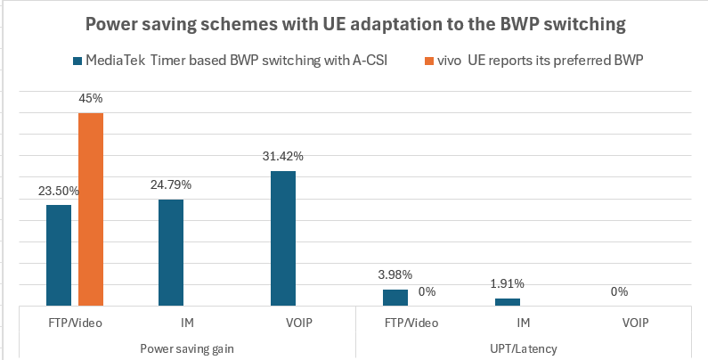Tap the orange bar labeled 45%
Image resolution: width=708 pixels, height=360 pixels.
[x=91, y=209]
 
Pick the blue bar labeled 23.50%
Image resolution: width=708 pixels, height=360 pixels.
[x=59, y=256]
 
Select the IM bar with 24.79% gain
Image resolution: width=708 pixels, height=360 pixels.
[x=171, y=253]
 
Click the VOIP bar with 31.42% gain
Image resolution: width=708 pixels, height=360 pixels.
[x=283, y=239]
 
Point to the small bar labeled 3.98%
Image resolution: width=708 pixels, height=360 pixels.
[x=395, y=298]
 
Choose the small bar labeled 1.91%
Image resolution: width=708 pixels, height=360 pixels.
[x=508, y=302]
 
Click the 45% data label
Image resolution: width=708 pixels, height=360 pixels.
[x=91, y=100]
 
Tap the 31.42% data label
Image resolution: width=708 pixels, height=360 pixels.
[x=283, y=156]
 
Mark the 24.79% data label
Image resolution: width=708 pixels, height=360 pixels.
[x=171, y=184]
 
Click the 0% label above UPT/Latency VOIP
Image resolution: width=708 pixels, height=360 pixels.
[x=620, y=291]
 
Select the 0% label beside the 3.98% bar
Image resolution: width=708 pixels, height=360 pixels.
[x=427, y=291]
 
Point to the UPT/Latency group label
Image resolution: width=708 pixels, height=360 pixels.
[x=524, y=347]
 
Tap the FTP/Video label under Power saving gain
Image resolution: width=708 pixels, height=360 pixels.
[x=75, y=323]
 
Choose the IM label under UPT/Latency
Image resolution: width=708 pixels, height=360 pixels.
[x=524, y=323]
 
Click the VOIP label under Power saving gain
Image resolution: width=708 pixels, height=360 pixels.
[x=299, y=323]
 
